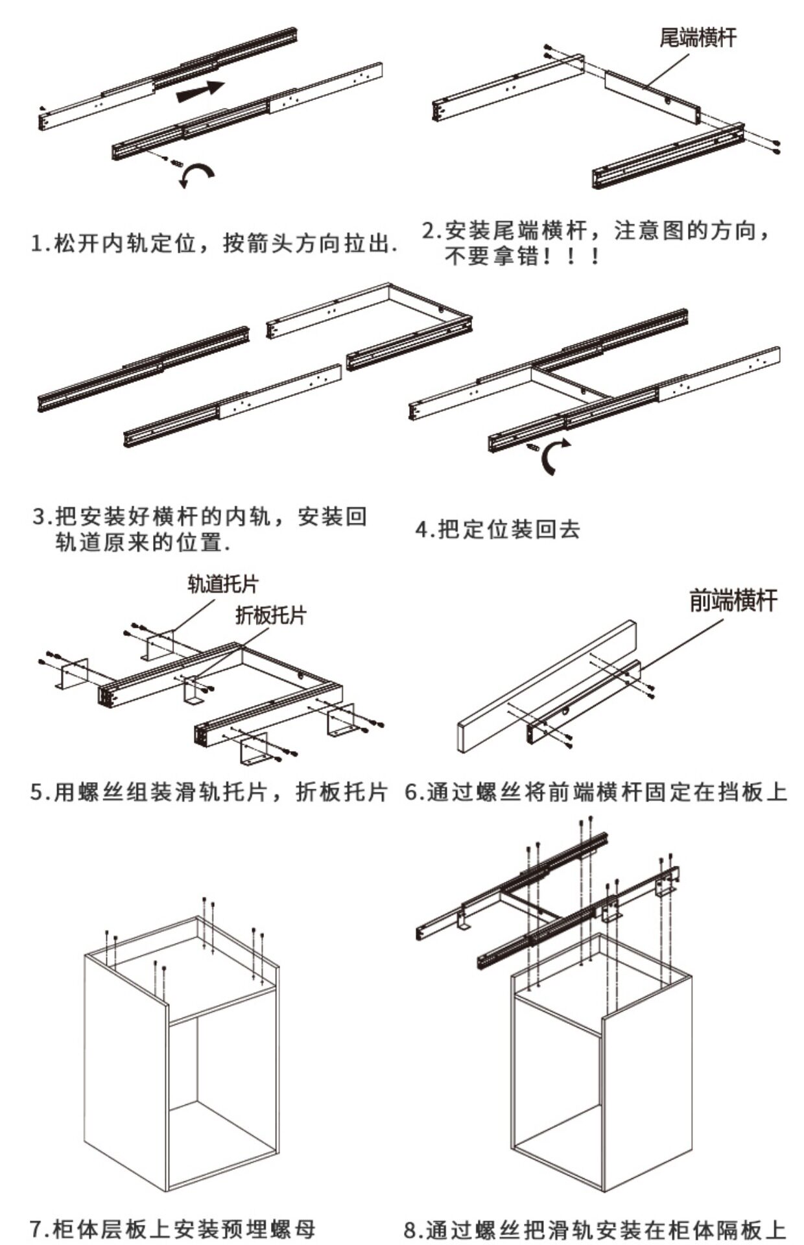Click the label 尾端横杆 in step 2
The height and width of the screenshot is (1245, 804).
coord(698,38)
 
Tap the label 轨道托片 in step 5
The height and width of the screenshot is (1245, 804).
coord(222,584)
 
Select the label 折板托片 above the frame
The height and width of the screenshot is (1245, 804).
coord(270,615)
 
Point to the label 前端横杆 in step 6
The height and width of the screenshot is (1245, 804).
coord(733,601)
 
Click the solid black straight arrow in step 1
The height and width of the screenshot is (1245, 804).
coord(200,91)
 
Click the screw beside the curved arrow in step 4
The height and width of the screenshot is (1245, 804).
coord(533,447)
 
